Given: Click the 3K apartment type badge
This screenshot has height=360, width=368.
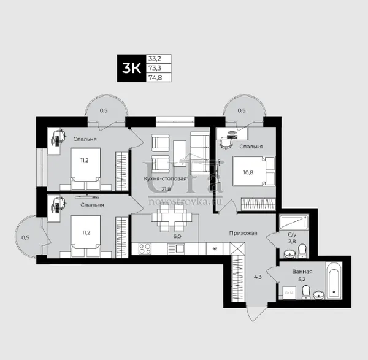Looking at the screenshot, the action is click(x=131, y=68).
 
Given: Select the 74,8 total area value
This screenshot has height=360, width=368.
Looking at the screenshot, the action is click(x=155, y=77).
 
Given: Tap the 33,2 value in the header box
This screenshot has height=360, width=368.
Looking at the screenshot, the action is click(x=156, y=58).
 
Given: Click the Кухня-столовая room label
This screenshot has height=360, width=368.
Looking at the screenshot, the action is click(x=165, y=178).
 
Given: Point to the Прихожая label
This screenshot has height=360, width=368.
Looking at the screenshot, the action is click(x=243, y=233).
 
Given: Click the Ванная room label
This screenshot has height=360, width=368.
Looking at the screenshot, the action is click(x=302, y=272).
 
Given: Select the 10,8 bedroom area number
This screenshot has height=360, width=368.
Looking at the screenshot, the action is click(x=248, y=172).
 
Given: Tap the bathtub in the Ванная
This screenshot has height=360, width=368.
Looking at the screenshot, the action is click(x=334, y=280).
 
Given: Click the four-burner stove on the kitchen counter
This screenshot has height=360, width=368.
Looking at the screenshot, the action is click(x=145, y=249).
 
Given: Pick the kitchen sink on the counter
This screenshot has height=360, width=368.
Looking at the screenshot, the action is click(x=176, y=249).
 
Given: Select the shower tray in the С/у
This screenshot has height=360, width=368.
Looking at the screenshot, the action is click(x=294, y=222).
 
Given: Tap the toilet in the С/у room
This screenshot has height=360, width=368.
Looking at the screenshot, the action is click(x=302, y=251).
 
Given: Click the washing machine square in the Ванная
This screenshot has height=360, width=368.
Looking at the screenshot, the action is click(x=289, y=293).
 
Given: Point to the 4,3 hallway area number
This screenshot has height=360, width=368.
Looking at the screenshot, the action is click(x=258, y=277).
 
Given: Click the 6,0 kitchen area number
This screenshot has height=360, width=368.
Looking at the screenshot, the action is click(x=177, y=236).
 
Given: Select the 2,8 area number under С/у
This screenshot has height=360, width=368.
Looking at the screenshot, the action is click(x=292, y=241).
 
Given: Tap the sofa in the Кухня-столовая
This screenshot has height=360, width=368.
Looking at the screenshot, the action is click(x=200, y=153).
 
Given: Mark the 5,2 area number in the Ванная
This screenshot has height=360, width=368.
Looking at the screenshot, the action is click(x=302, y=279).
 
